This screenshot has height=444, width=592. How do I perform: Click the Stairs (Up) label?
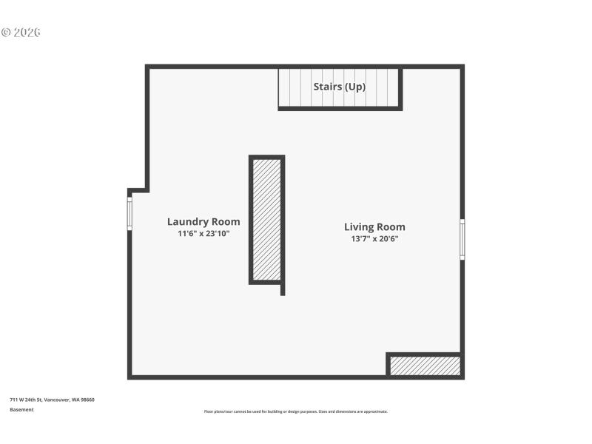click(340, 87)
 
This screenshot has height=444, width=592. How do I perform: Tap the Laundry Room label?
click(203, 221)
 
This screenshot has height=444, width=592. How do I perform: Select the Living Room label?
click(374, 227)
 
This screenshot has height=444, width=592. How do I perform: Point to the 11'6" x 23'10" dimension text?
click(203, 234)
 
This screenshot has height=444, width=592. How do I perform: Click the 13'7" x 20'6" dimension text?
click(374, 239)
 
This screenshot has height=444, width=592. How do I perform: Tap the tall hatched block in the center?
click(266, 219)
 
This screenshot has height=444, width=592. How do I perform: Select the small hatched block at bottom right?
click(425, 366)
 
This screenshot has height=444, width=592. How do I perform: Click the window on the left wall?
click(129, 213)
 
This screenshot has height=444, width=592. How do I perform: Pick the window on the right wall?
click(462, 239)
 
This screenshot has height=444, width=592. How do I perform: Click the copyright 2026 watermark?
click(20, 33)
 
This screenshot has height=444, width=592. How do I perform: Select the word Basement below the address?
click(21, 409)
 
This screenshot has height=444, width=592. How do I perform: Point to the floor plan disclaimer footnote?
click(295, 411)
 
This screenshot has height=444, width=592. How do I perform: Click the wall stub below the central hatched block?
click(283, 289)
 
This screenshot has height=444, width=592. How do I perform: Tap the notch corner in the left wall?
click(147, 189)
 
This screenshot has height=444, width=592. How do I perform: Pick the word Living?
click(358, 227)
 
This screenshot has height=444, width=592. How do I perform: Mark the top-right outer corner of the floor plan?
click(462, 67)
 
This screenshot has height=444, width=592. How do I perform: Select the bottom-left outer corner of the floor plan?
click(129, 377)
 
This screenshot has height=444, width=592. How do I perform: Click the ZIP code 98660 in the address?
click(87, 400)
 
